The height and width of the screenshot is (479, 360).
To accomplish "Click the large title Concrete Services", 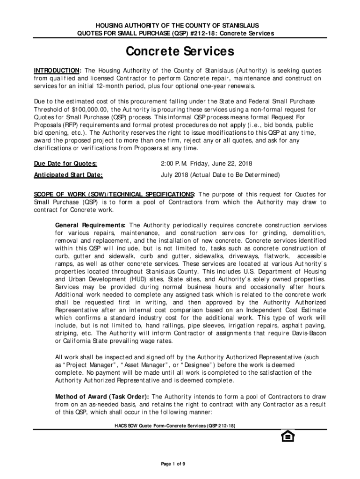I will (x=180, y=51).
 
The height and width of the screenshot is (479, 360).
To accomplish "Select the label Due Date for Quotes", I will (x=65, y=163).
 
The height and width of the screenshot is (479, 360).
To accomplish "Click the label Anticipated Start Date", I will (x=68, y=175).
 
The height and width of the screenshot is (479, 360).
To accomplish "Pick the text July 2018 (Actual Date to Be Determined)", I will (x=214, y=175).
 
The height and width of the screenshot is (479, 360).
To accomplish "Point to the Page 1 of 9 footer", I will (x=173, y=464).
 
